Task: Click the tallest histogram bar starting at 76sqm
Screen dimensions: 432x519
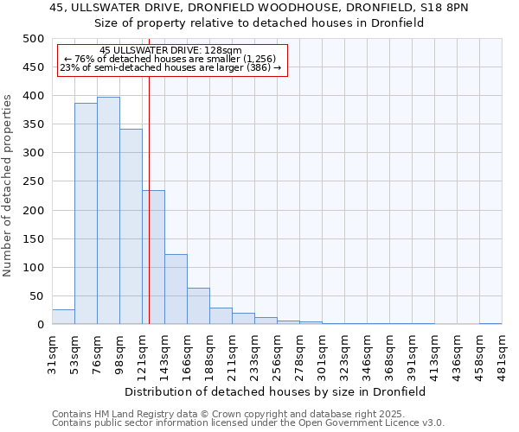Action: (108, 211)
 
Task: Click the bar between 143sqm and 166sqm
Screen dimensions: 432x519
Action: (176, 289)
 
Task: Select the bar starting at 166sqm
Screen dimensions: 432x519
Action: (198, 306)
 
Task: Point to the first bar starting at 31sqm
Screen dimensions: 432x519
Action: (63, 317)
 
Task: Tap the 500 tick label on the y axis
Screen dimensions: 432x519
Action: (34, 39)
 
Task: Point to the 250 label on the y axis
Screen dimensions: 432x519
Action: (34, 181)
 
